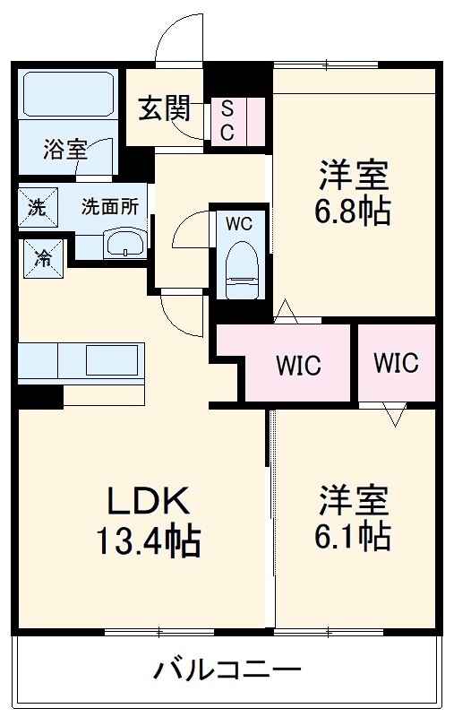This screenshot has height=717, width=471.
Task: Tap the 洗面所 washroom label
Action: pyautogui.click(x=110, y=206)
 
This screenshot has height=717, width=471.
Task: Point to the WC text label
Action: pyautogui.click(x=238, y=222)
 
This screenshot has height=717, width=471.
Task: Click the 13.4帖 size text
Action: pyautogui.click(x=149, y=541)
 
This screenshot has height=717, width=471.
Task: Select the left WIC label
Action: pyautogui.click(x=298, y=366)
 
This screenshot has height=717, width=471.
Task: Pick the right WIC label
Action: pyautogui.click(x=396, y=363)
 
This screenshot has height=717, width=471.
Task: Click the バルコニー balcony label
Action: pyautogui.click(x=226, y=669)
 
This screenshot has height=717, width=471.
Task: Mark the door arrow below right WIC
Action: pyautogui.click(x=393, y=414)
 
